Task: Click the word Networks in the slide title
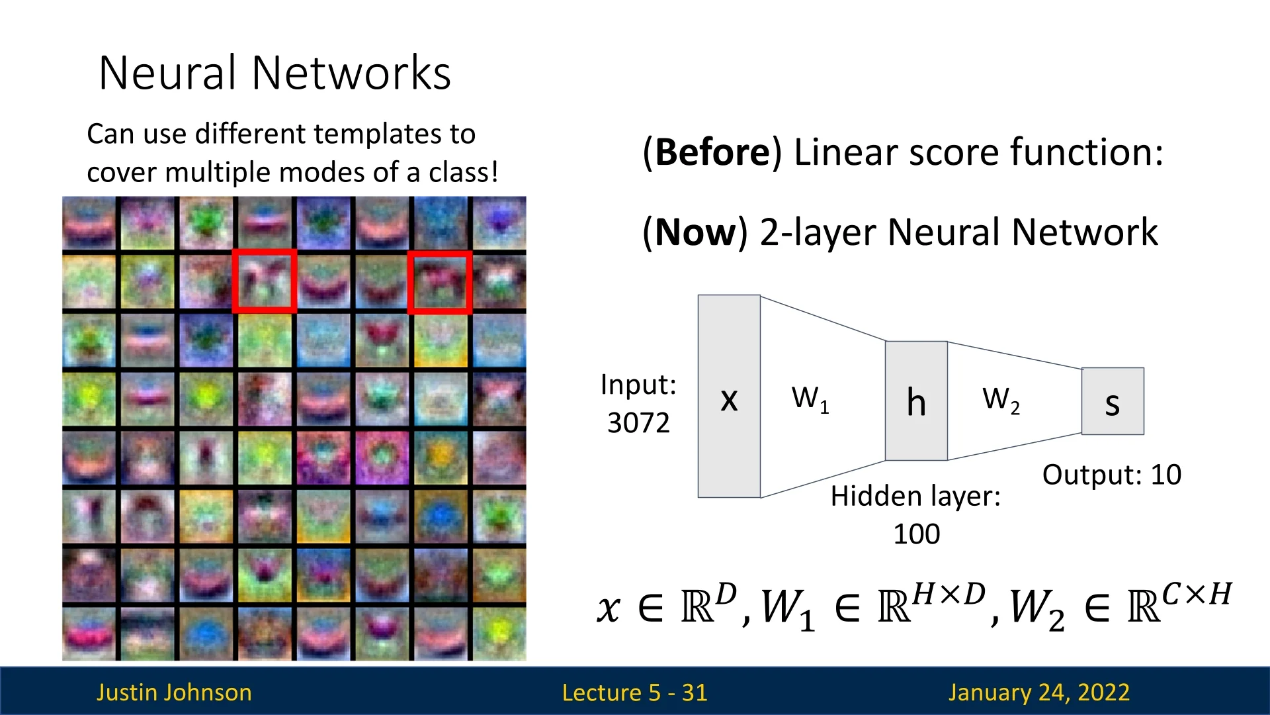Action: point(351,73)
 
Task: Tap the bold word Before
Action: point(712,152)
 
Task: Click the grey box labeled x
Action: point(729,396)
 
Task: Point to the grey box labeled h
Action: point(916,401)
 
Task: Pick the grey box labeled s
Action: point(1113,401)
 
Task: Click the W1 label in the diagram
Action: point(810,399)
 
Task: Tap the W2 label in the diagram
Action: point(1001,400)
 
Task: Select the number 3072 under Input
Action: point(638,423)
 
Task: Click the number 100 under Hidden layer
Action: point(916,534)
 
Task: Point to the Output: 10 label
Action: point(1111,475)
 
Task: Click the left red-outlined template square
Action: point(264,281)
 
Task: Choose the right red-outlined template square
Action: point(440,281)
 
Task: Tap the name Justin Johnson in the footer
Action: point(174,692)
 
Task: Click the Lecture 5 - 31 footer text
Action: point(634,692)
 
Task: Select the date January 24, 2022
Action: point(1038,692)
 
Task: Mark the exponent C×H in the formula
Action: point(1197,595)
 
